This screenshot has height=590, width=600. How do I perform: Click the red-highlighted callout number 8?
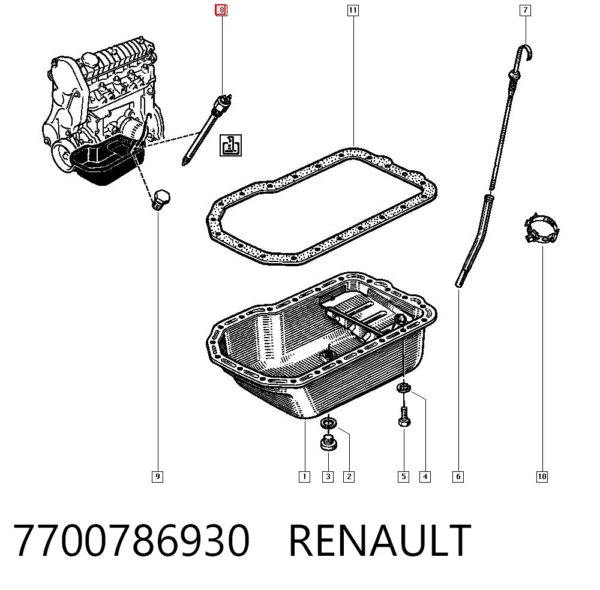221,10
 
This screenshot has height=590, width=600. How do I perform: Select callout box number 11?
353,10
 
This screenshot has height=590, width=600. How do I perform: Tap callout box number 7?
526,10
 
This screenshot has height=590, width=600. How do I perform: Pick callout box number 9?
158,477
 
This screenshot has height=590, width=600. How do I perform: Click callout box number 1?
304,477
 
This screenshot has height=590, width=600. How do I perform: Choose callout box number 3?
328,477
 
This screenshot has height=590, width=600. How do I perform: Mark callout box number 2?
349,477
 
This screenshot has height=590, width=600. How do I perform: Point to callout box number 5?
403,477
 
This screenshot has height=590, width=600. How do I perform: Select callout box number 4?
425,477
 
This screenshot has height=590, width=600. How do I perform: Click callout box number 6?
458,477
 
